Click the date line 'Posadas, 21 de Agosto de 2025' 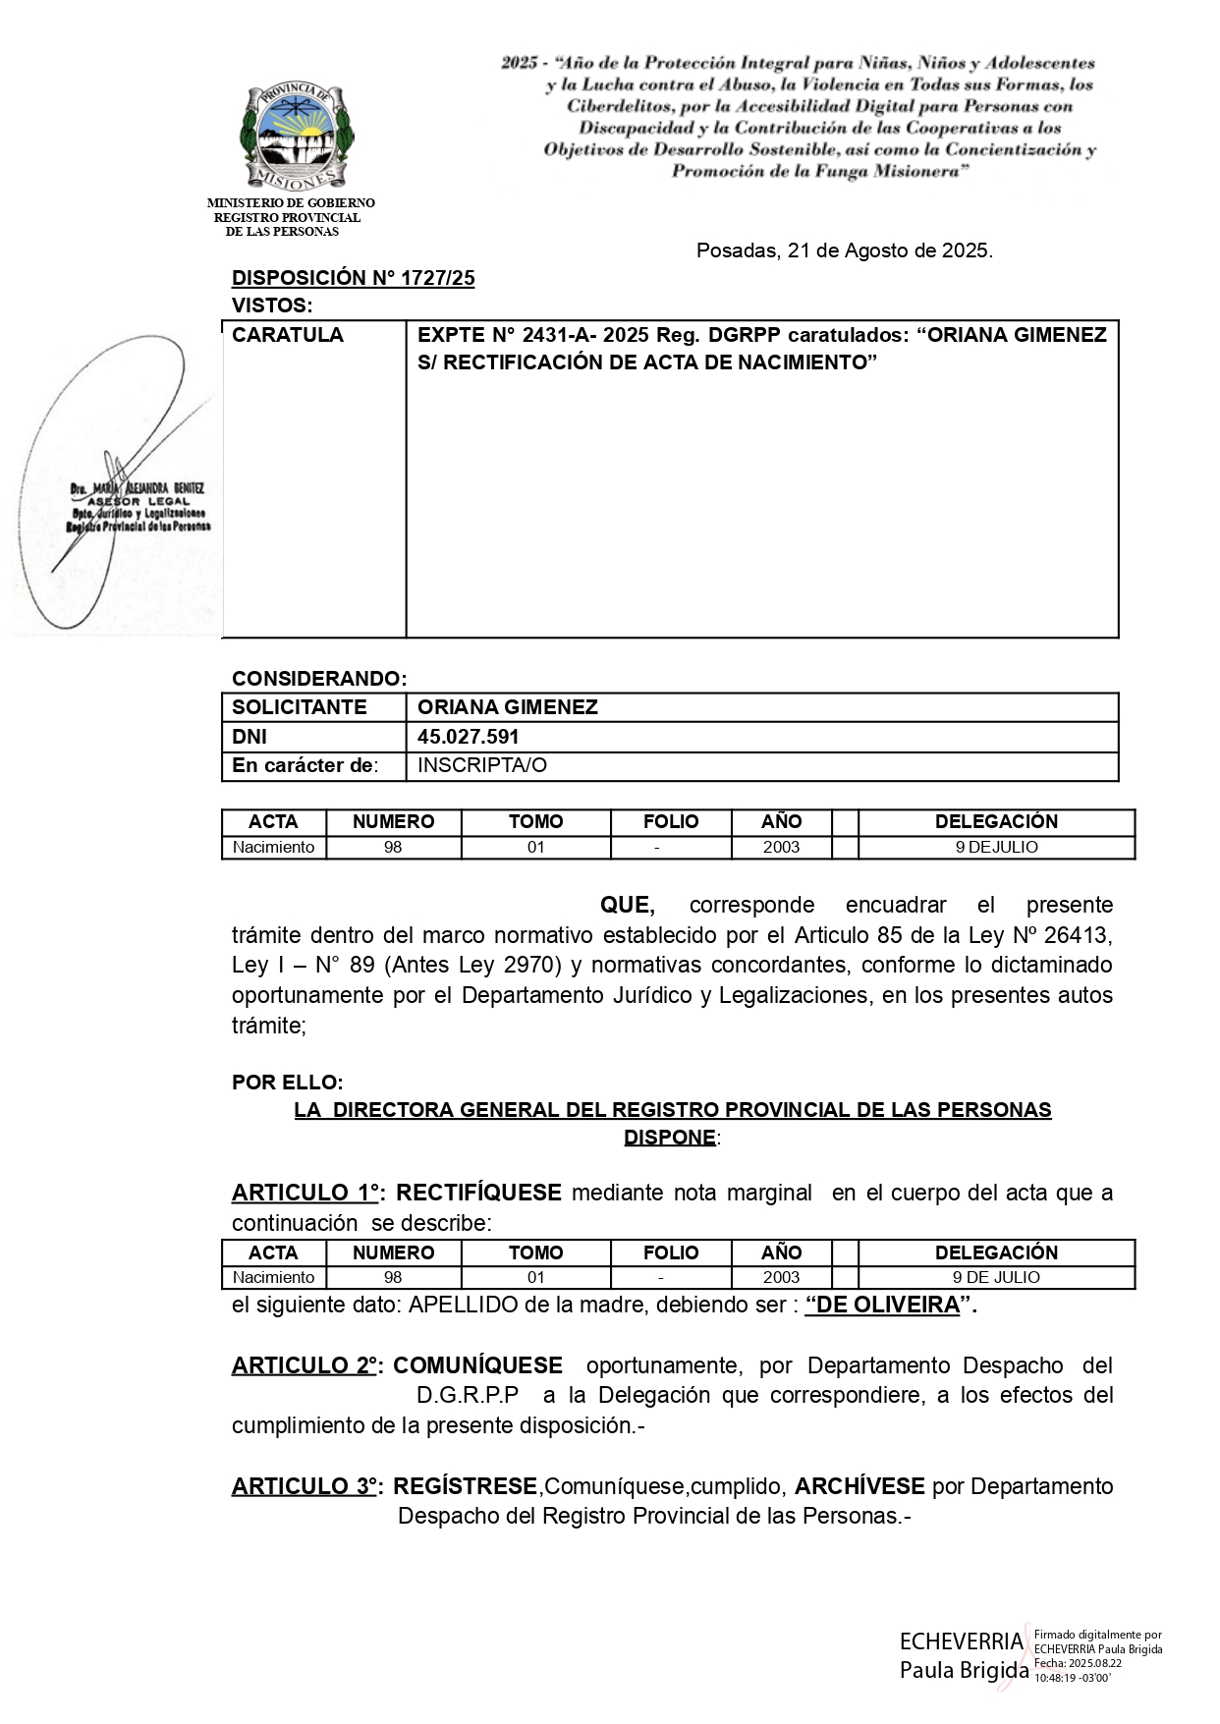coord(844,250)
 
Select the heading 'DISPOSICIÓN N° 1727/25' coord(353,278)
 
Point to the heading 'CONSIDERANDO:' coord(318,679)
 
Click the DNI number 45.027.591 coord(468,737)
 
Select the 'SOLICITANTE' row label coord(299,707)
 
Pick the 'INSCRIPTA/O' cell coord(481,765)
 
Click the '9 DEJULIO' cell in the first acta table coord(996,847)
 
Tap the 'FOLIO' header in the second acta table coord(670,1252)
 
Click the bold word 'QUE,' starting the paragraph coord(627,905)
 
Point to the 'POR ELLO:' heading coord(287,1083)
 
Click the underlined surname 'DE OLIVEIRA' coord(882,1306)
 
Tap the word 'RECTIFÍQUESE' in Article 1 coord(477,1193)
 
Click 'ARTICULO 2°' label coord(305,1365)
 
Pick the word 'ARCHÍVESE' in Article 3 coord(859,1486)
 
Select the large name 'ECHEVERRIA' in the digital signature coord(961,1641)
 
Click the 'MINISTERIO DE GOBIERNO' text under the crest coord(291,203)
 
